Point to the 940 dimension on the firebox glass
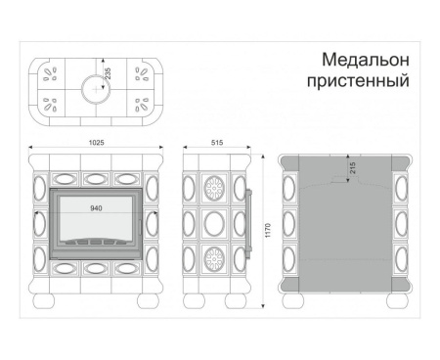point(96,208)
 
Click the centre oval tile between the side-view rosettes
point(215,222)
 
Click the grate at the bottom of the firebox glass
point(96,241)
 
